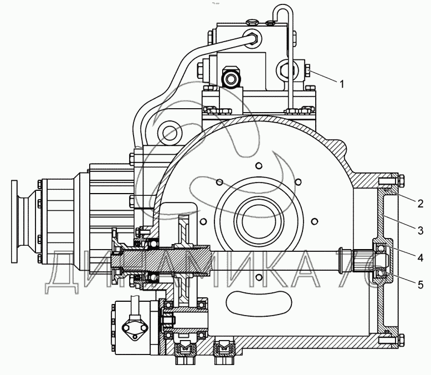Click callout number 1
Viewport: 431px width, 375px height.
click(x=342, y=84)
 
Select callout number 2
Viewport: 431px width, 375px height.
click(x=420, y=204)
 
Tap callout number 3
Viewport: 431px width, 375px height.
click(x=420, y=230)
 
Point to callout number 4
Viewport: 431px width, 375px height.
click(x=420, y=258)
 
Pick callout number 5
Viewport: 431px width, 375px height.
click(x=420, y=285)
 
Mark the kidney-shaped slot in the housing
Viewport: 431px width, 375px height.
click(x=258, y=303)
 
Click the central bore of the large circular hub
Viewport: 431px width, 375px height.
click(x=259, y=222)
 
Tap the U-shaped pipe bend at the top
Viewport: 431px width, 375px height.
click(x=283, y=12)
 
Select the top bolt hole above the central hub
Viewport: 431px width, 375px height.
click(x=258, y=165)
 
